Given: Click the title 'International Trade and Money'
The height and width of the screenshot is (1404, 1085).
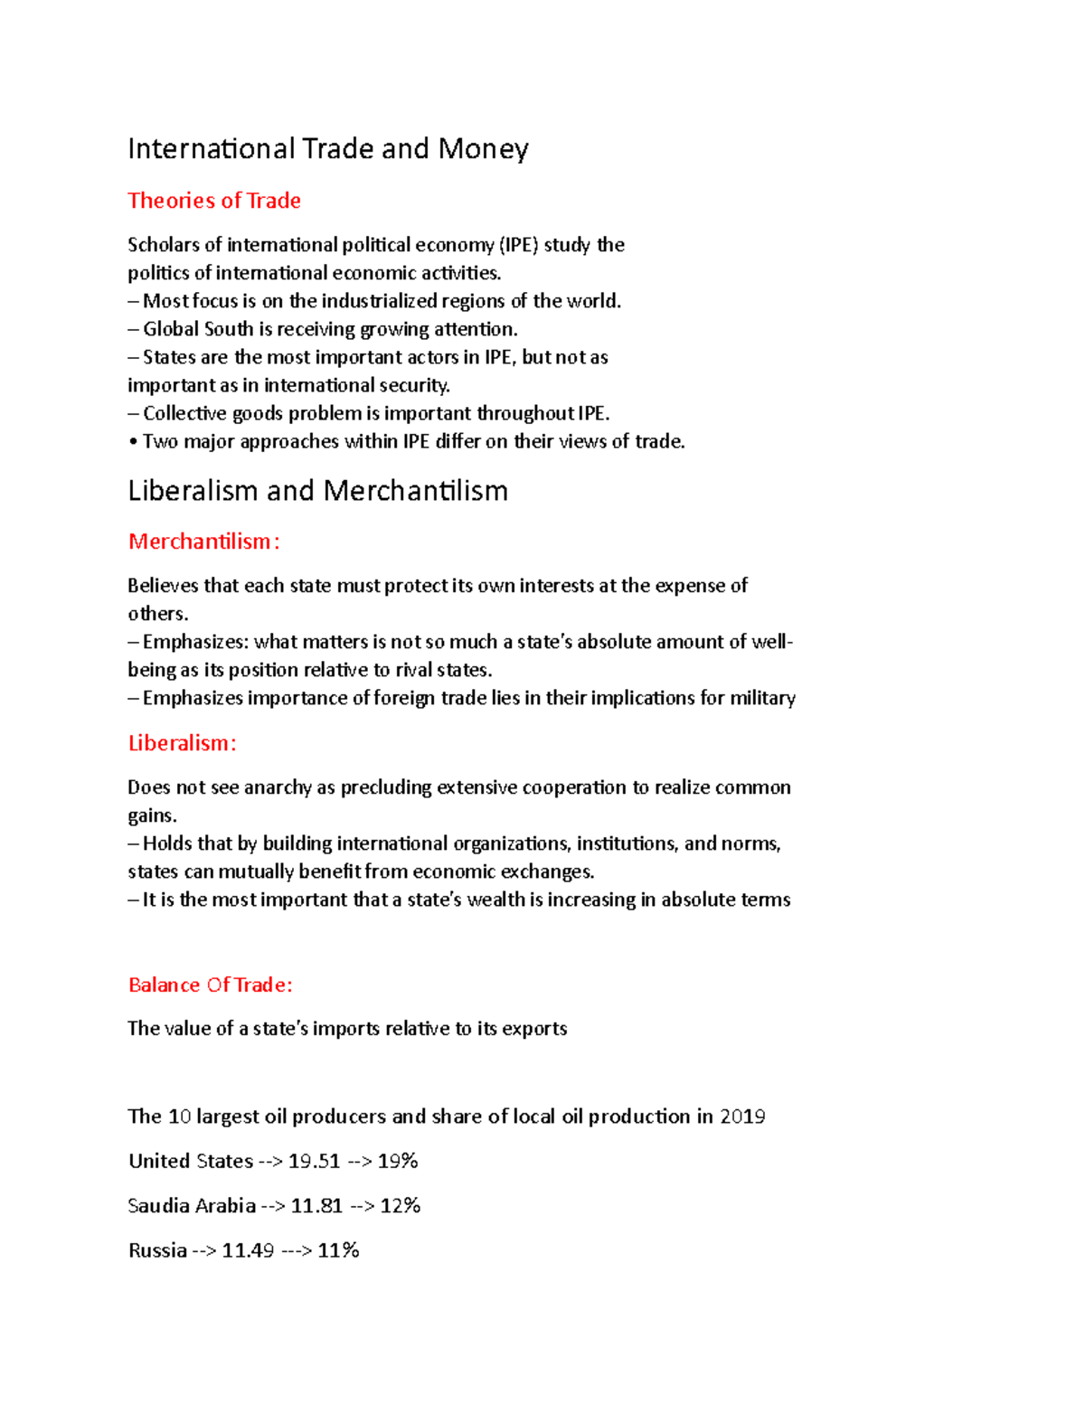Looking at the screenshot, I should point(327,148).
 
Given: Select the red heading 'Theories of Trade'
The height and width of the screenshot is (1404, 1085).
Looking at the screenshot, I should point(214,201).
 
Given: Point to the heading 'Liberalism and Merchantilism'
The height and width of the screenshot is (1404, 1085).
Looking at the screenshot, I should point(317,491).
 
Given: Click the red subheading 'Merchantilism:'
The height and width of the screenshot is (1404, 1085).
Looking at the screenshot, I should point(203,542).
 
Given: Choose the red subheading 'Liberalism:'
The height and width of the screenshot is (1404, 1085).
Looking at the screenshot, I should point(182,743).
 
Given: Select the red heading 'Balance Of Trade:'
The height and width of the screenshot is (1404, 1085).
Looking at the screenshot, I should point(210,985).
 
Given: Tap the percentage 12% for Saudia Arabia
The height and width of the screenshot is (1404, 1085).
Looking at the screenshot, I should point(401,1206).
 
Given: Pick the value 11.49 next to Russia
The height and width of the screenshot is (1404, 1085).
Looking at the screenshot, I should point(248,1250).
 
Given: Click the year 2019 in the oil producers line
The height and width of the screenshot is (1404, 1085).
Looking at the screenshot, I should point(742,1117).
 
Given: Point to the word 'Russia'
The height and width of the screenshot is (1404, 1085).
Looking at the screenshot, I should point(157,1250).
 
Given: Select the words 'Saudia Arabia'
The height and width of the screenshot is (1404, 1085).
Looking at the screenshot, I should point(192,1206).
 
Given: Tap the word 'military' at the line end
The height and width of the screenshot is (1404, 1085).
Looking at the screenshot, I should point(763,699).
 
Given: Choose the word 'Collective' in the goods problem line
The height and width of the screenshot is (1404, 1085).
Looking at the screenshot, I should point(185,414).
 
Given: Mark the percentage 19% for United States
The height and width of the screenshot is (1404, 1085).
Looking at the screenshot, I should point(398,1161).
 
